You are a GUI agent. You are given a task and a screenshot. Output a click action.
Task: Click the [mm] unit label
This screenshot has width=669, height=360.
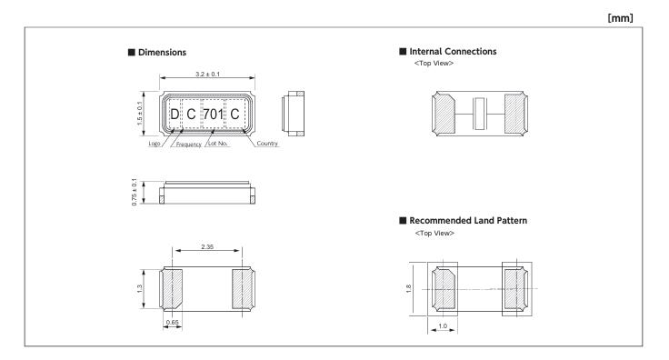point(620,18)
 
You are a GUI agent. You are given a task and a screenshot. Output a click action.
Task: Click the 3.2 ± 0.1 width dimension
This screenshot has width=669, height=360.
point(207,74)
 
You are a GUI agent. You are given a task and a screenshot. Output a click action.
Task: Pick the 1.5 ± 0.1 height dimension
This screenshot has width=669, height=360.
point(140,113)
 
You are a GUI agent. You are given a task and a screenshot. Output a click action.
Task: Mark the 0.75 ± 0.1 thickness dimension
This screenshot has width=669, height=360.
point(135,192)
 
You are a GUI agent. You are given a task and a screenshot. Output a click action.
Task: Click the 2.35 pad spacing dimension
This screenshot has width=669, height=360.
point(207,246)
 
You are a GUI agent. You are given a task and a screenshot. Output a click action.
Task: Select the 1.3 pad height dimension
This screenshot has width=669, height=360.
point(139,289)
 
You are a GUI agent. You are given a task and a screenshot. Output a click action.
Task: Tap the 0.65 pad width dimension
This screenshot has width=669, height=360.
point(173,322)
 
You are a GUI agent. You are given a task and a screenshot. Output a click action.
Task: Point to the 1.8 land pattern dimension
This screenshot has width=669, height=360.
point(408,288)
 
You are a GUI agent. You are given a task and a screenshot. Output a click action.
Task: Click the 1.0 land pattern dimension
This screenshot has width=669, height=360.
point(443,325)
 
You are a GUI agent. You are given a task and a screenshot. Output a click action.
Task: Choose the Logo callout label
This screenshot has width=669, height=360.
point(154,144)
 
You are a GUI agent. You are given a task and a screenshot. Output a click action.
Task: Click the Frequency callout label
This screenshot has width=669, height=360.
point(188,145)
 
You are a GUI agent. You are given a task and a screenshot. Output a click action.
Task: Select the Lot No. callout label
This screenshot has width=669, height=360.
point(217,144)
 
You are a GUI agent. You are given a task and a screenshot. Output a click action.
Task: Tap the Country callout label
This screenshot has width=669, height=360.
point(267,144)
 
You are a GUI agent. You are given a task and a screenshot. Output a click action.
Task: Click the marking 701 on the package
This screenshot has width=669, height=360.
point(213,114)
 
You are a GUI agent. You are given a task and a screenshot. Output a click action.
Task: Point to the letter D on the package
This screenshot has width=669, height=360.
point(175,114)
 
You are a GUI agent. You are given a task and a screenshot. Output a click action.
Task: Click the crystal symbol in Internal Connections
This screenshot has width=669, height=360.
point(480,114)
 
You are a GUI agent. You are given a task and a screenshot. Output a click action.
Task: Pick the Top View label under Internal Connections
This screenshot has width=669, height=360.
point(434,63)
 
